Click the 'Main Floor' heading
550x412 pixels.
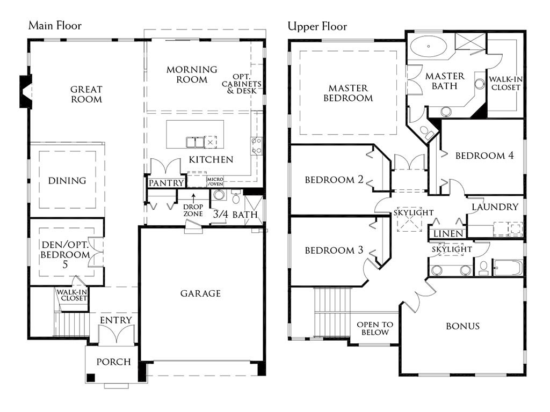coord(55,26)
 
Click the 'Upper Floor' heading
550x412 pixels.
coord(317,26)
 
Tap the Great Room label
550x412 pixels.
coord(86,94)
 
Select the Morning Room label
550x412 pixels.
coord(192,74)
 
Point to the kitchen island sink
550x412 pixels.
coord(195,142)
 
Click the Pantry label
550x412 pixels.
coord(167,183)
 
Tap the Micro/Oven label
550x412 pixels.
coord(215,181)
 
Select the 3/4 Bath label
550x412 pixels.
coord(235,214)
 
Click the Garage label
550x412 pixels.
coord(201,293)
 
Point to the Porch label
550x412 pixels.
coord(114,362)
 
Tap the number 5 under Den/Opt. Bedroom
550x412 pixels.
coord(65,264)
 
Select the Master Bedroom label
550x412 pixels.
coord(348,93)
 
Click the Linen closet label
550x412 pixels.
coord(448,233)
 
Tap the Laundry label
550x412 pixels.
coord(495,207)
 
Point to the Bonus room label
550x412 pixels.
coord(462,326)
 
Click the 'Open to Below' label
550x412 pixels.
coord(375,328)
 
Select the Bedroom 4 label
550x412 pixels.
coord(484,156)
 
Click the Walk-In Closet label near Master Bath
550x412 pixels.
coord(505,83)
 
